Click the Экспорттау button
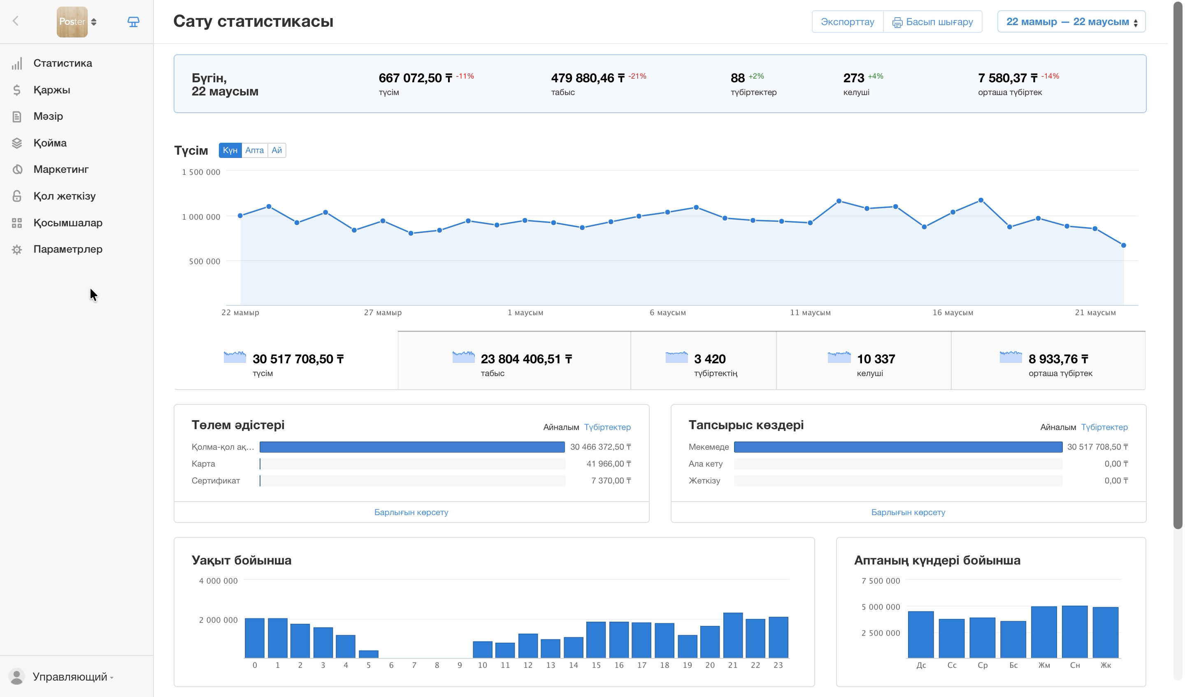coord(847,22)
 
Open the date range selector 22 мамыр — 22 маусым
coord(1071,22)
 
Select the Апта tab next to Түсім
coord(254,150)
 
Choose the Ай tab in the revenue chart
coord(276,150)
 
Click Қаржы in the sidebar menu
coord(52,90)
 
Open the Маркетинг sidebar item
coord(60,169)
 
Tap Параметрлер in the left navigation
coord(68,249)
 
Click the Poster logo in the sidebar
coord(72,22)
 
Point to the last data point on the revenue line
coord(1123,245)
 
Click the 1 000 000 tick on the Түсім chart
coord(201,217)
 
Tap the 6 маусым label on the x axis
coord(668,312)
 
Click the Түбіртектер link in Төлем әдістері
coord(607,427)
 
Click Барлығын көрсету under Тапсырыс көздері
coord(908,512)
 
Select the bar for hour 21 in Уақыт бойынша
coord(733,635)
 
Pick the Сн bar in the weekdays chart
coord(1074,632)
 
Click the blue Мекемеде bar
coord(898,447)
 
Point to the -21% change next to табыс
coord(637,76)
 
